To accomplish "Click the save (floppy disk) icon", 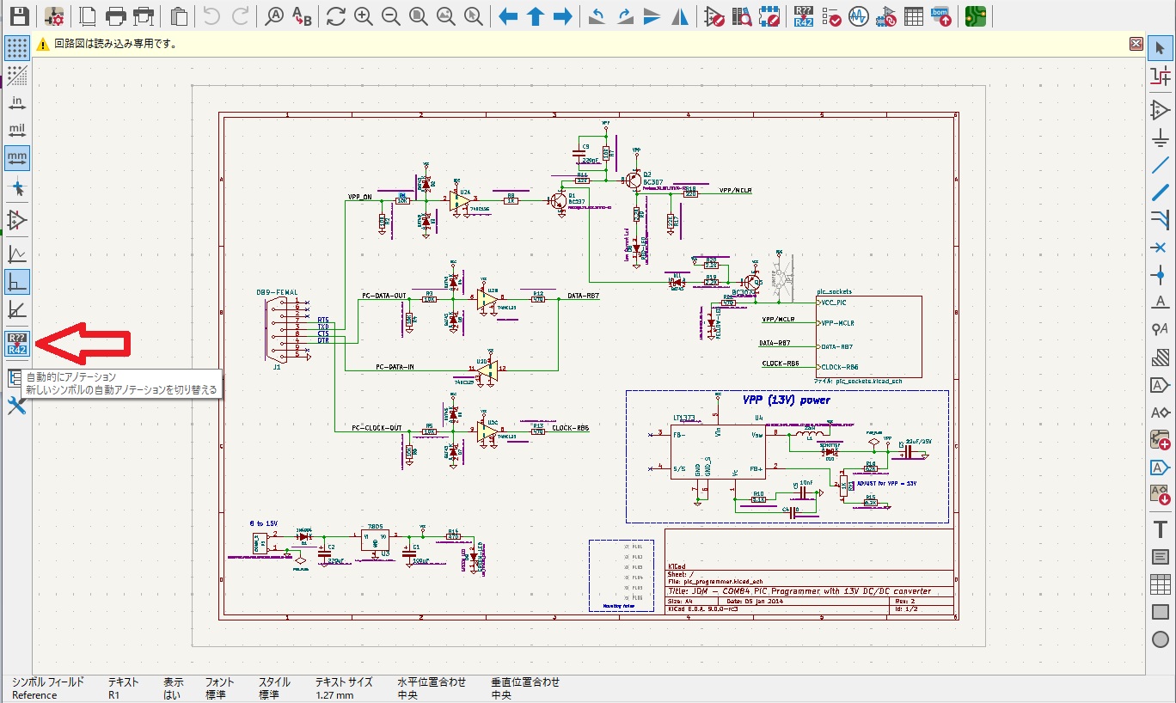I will point(19,15).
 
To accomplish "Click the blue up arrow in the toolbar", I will point(536,15).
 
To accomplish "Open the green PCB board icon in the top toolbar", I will point(975,15).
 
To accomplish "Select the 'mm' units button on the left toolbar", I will point(17,158).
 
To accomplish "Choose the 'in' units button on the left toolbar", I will point(17,103).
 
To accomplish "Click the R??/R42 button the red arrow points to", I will point(17,344).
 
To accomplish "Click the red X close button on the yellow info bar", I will point(1136,44).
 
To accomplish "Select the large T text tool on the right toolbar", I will point(1161,529).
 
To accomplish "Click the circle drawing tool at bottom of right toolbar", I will point(1161,639).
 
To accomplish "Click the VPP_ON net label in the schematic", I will point(359,197).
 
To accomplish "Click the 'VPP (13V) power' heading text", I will point(787,400).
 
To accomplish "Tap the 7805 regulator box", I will point(374,539).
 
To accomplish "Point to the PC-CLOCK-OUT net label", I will point(377,427).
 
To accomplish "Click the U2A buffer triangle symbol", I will point(462,200).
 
